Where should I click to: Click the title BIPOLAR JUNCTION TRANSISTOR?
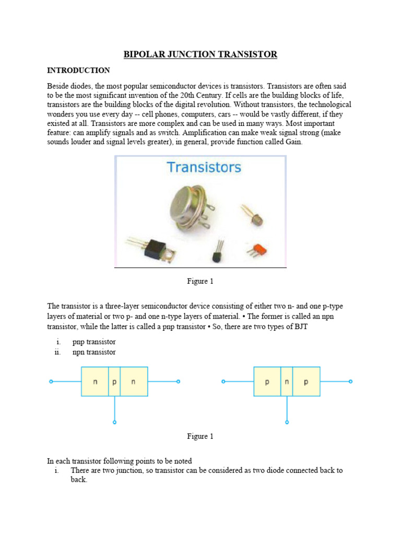(x=200, y=54)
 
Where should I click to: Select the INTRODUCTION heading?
(x=78, y=70)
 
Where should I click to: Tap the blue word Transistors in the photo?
(x=204, y=167)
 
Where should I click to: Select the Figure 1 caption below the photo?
(x=200, y=281)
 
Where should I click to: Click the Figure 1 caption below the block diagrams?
(x=200, y=436)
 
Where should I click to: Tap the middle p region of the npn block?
(x=114, y=382)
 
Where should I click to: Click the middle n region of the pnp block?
(x=287, y=382)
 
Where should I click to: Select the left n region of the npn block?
(x=95, y=382)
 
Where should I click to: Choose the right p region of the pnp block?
(x=306, y=382)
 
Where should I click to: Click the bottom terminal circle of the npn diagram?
(x=114, y=422)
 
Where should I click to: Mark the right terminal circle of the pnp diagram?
(x=351, y=382)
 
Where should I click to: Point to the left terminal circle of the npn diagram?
(x=51, y=382)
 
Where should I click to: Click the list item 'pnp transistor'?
(x=94, y=342)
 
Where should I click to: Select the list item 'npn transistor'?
(x=94, y=352)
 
